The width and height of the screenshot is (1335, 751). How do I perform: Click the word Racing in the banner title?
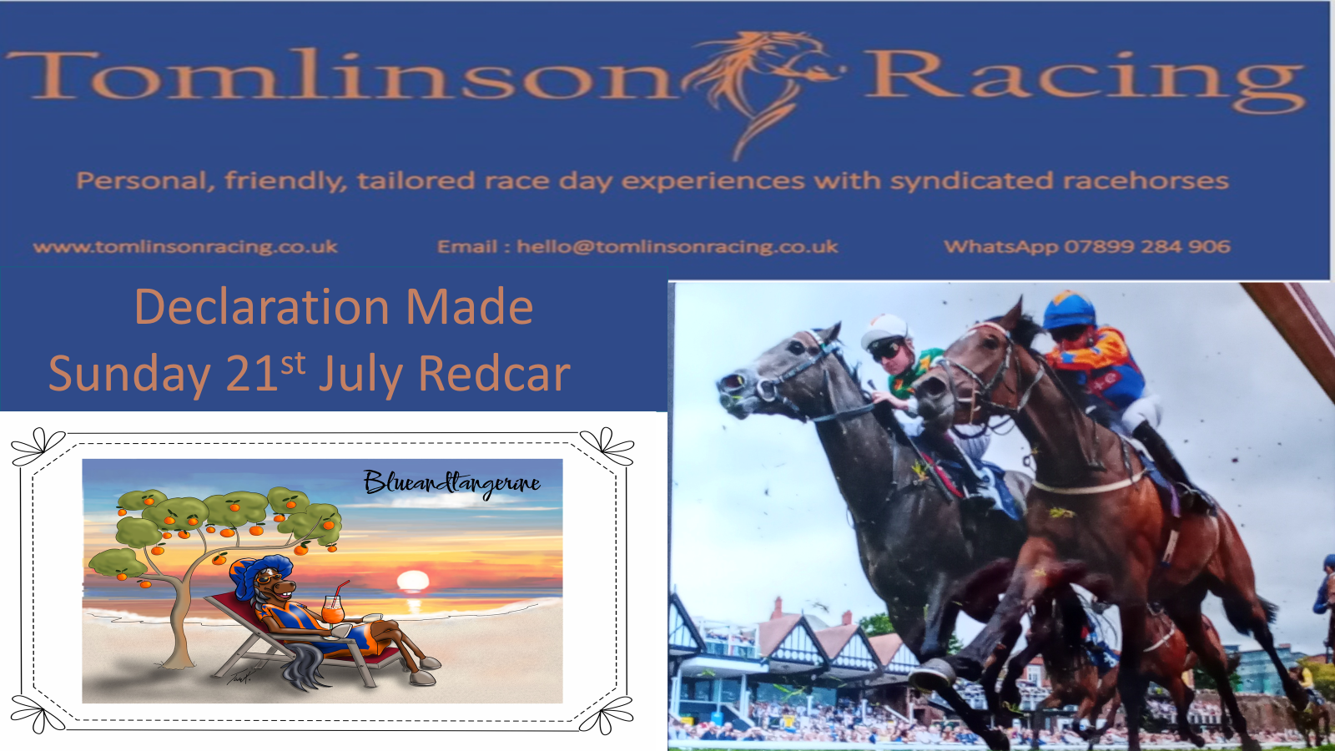(1086, 80)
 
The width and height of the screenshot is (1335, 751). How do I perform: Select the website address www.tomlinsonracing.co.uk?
(185, 247)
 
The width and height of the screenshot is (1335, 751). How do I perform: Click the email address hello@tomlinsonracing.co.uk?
(678, 247)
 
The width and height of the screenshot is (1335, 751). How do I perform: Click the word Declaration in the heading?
(262, 307)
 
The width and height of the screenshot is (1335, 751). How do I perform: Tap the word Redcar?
(495, 374)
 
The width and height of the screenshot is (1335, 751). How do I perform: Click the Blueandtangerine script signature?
(451, 484)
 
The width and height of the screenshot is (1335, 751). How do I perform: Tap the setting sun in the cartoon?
(413, 581)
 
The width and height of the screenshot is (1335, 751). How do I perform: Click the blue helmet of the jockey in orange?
(1069, 310)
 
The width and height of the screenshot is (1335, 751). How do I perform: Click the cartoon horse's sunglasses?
(268, 577)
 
